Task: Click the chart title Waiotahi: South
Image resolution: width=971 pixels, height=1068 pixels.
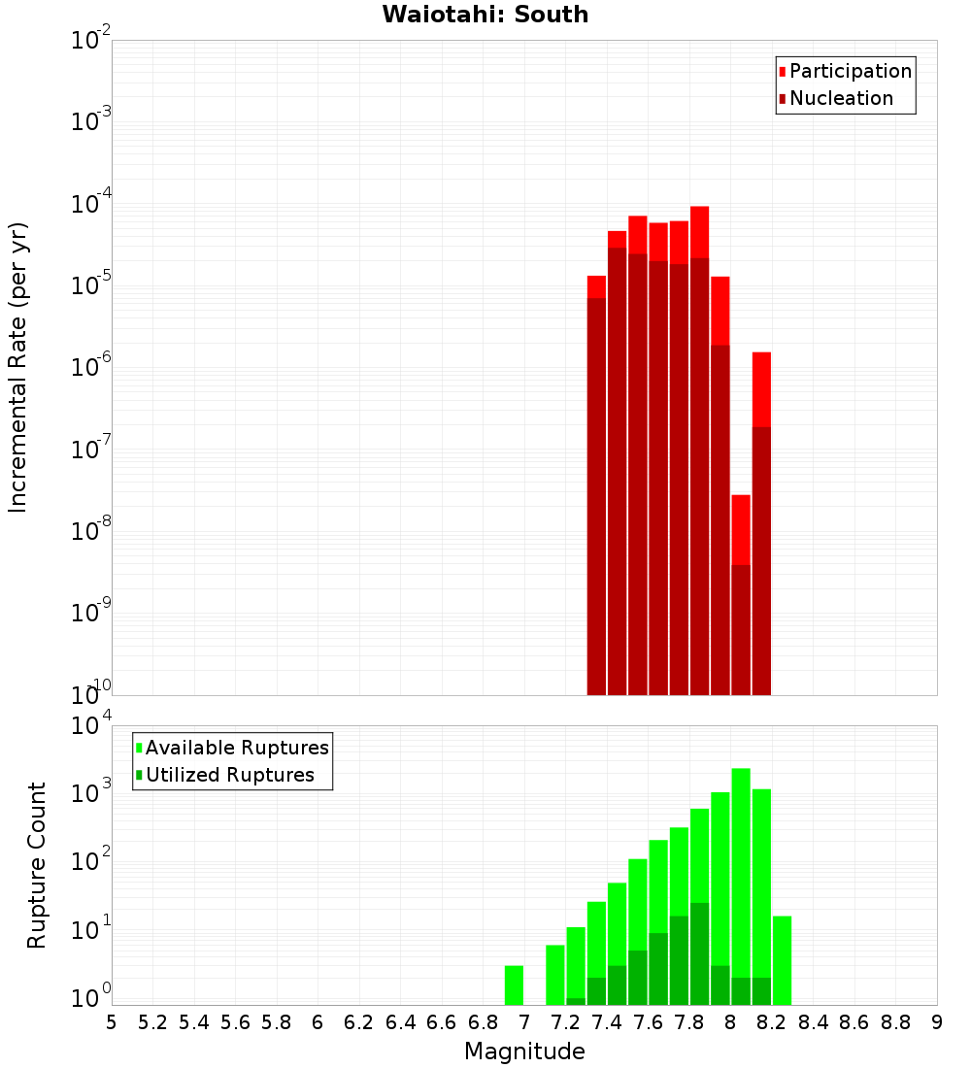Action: [x=485, y=15]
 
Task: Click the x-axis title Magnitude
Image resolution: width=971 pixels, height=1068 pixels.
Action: [x=524, y=1051]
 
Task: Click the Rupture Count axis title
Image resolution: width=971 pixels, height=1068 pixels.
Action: [x=37, y=864]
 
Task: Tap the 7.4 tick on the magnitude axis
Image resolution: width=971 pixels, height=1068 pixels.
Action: [x=607, y=1022]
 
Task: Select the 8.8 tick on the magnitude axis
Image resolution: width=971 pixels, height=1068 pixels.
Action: [x=895, y=1022]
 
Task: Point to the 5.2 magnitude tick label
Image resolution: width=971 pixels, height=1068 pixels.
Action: [x=152, y=1022]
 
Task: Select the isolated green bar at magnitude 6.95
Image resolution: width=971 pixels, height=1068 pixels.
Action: [x=514, y=985]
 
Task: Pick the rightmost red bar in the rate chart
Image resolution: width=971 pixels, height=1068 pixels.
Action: [x=761, y=524]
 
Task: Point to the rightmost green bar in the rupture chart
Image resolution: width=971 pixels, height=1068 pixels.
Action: [x=782, y=960]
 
